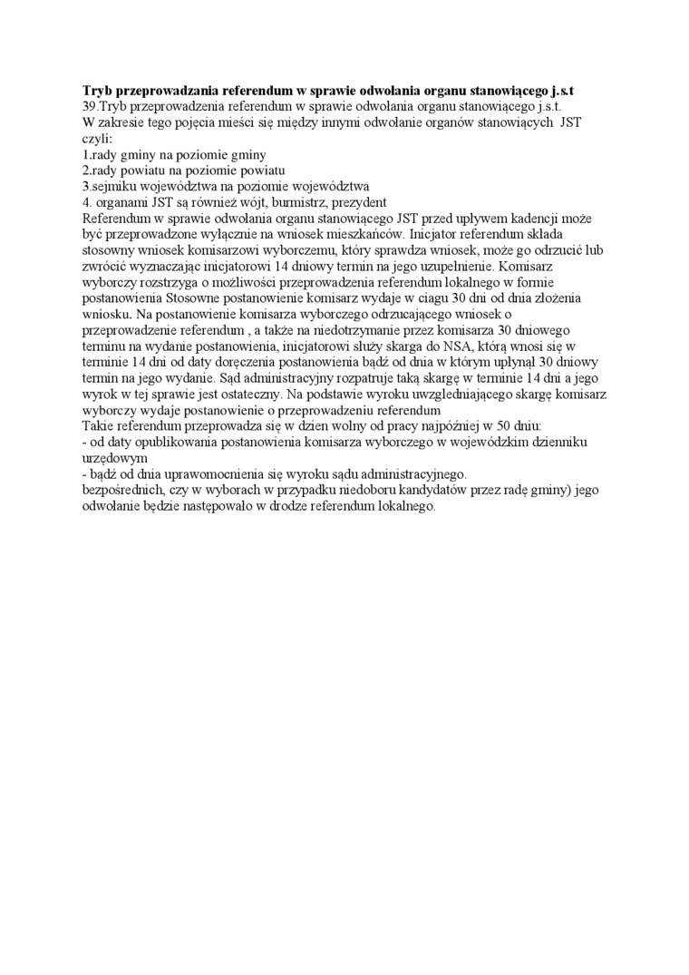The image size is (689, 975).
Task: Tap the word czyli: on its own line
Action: point(97,140)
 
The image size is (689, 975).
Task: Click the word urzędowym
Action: point(114,459)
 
